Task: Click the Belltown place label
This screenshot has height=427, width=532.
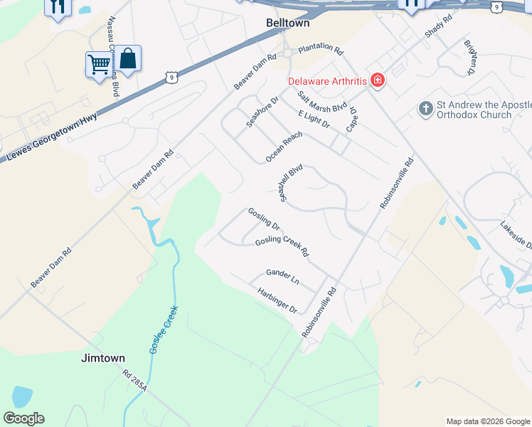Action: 287,23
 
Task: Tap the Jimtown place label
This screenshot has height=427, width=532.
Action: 104,358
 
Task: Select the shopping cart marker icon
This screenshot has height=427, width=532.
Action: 99,64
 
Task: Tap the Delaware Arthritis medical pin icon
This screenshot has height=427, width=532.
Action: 377,80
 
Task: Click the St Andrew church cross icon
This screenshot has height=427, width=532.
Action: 425,109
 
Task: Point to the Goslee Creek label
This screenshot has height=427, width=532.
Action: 163,330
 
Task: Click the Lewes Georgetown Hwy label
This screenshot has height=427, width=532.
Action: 51,139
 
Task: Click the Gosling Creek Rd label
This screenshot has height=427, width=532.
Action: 282,246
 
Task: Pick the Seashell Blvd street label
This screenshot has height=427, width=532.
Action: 292,183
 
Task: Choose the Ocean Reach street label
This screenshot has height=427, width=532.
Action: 284,147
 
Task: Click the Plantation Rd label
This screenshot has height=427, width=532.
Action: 321,49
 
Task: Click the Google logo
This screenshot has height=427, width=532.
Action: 23,418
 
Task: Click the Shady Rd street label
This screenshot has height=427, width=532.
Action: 437,26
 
